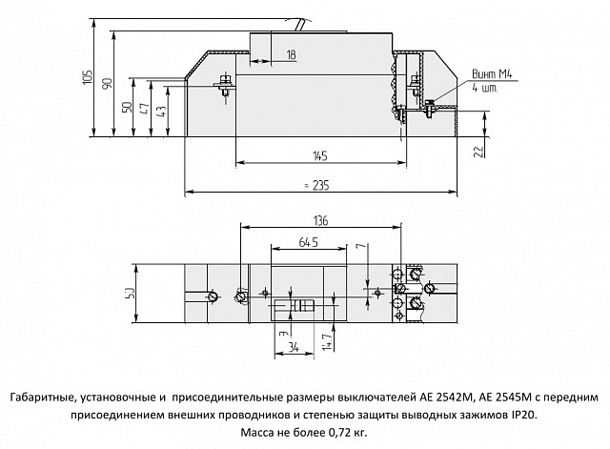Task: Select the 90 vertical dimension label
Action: click(x=107, y=84)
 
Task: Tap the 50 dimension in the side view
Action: click(x=127, y=107)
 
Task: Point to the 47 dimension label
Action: click(x=144, y=109)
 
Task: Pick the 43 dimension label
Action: click(x=161, y=110)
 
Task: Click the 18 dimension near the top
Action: click(x=291, y=56)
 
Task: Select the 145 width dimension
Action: click(x=320, y=155)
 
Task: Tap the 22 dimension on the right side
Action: click(x=479, y=151)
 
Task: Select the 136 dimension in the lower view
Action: click(x=319, y=221)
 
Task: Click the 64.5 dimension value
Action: click(x=309, y=242)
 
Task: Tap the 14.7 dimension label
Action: click(x=326, y=337)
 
